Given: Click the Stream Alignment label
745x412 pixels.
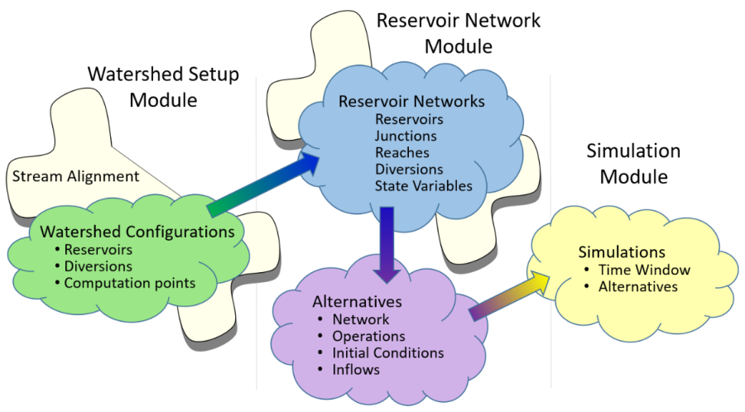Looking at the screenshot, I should click(x=74, y=176).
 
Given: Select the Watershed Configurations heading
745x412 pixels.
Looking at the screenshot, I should click(x=132, y=232).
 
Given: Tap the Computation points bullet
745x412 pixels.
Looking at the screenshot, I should click(x=130, y=283).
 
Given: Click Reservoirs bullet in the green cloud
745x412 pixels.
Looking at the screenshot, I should click(x=99, y=250).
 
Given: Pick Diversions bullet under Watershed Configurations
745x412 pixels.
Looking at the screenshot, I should click(x=99, y=266).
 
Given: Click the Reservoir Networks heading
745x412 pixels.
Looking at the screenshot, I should click(x=411, y=102).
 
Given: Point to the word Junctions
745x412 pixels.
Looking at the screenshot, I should click(x=406, y=136).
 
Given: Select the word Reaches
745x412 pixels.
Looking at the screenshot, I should click(x=401, y=152).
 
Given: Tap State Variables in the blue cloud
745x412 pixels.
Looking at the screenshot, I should click(x=423, y=185).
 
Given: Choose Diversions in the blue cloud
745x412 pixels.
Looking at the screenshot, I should click(x=408, y=169).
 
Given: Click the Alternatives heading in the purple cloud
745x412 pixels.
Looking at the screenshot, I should click(x=357, y=301).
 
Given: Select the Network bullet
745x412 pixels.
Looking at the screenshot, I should click(x=360, y=319).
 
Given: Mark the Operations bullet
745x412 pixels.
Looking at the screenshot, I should click(x=368, y=336).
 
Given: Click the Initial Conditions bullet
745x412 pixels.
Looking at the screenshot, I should click(x=387, y=352).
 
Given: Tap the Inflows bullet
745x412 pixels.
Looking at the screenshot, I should click(x=356, y=369).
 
